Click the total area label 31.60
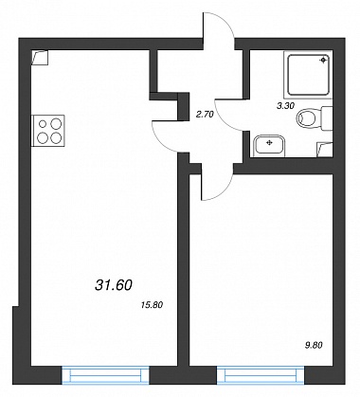coord(113,285)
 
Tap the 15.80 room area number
coord(153,305)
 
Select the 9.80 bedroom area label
coord(314,345)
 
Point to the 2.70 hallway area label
coord(205,114)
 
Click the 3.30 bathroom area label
coord(285,106)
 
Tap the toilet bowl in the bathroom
coord(306,118)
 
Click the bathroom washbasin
coord(269,145)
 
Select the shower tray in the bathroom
coord(309,75)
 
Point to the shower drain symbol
coord(323,61)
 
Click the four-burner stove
coord(48,131)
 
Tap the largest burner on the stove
coord(56,122)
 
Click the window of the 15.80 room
coord(105,375)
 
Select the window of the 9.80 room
coord(261,375)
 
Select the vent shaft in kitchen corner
coord(40,58)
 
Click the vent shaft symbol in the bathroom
coord(325,150)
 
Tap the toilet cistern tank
coord(327,118)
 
